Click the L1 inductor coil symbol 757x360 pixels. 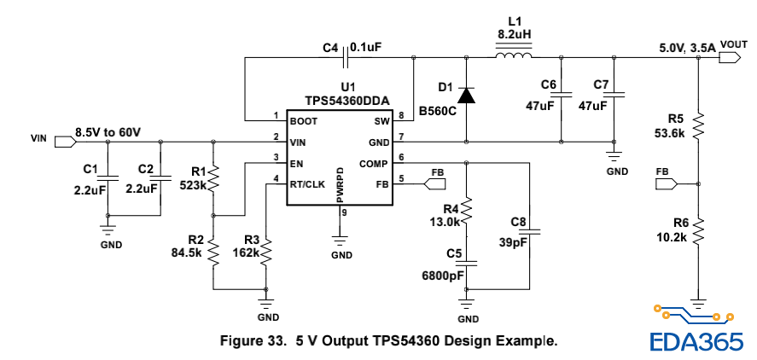point(514,57)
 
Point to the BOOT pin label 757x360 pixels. point(303,121)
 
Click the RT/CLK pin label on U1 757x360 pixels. point(308,183)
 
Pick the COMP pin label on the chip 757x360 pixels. point(373,163)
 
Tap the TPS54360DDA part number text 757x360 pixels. point(347,101)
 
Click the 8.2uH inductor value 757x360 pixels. point(514,35)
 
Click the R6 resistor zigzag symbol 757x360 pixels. point(699,230)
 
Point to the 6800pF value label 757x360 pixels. point(443,276)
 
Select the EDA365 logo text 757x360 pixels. point(696,340)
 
